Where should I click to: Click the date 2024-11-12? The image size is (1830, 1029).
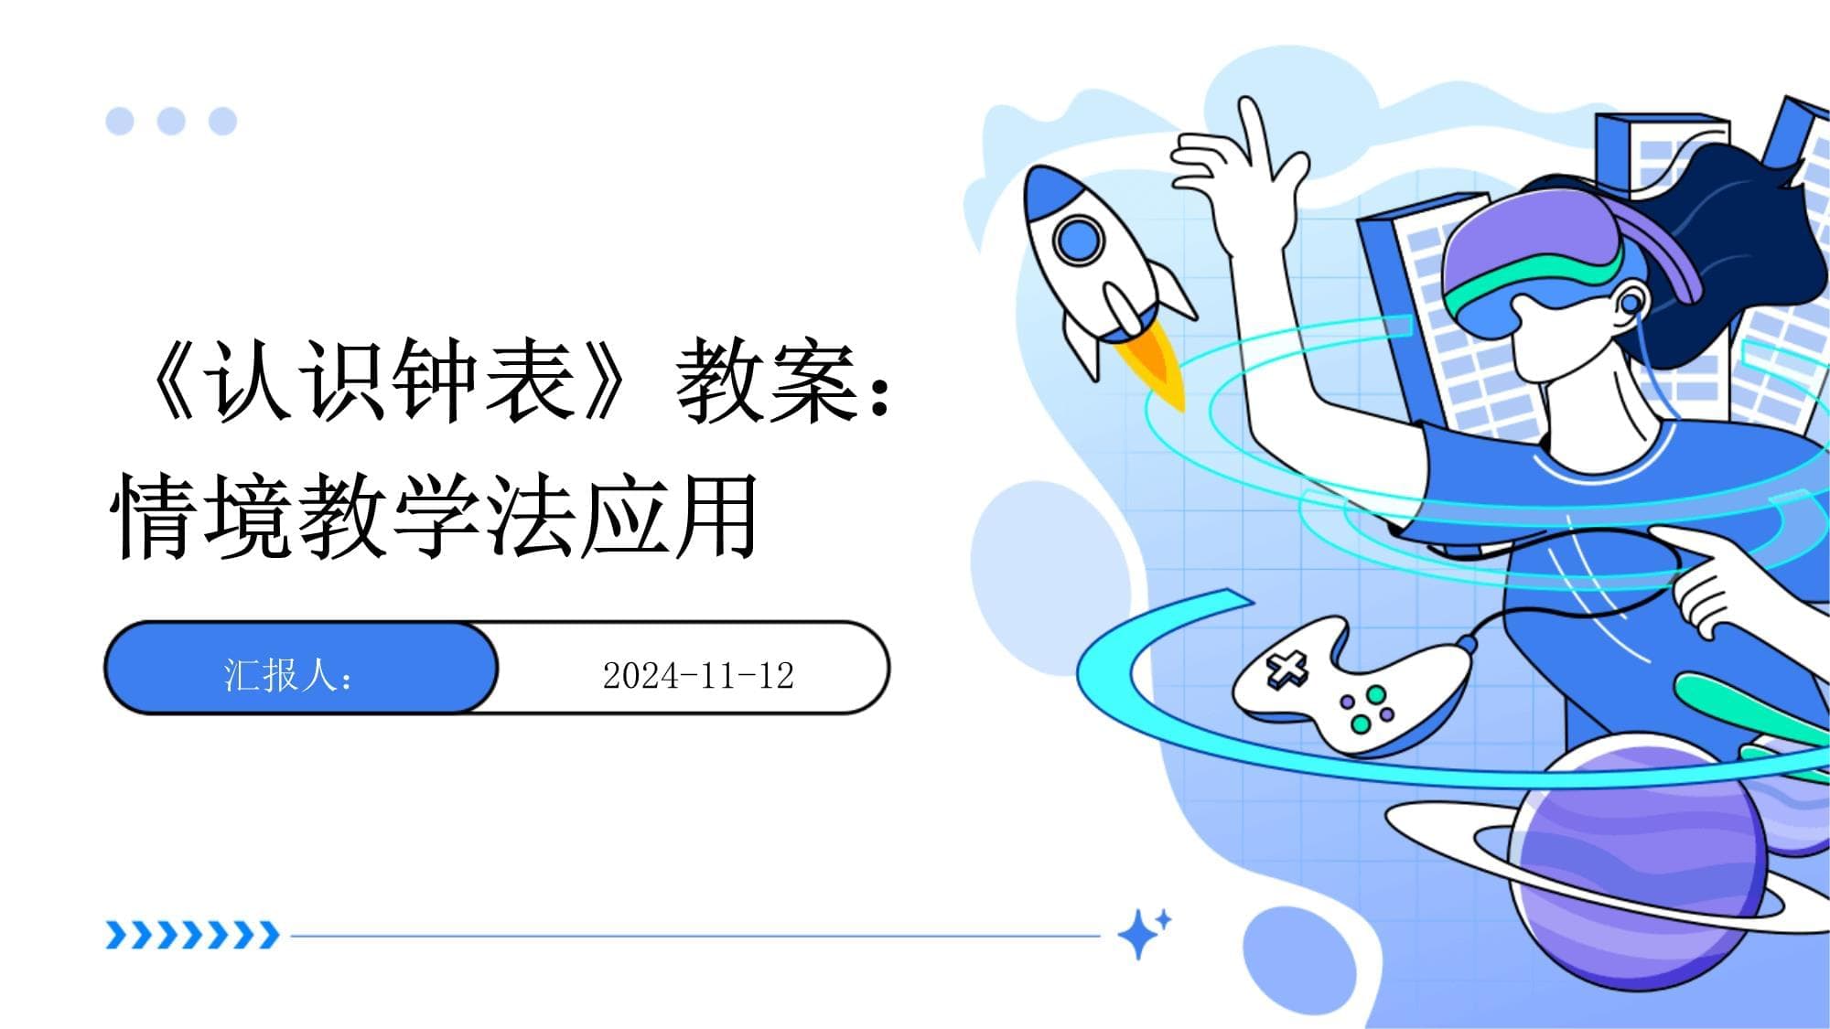pos(698,676)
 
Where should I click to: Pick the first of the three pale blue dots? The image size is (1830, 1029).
pos(120,121)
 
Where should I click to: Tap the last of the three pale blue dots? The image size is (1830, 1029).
pos(222,121)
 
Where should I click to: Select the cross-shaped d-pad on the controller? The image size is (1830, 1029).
pos(1286,670)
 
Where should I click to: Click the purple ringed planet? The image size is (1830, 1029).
pos(1638,864)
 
